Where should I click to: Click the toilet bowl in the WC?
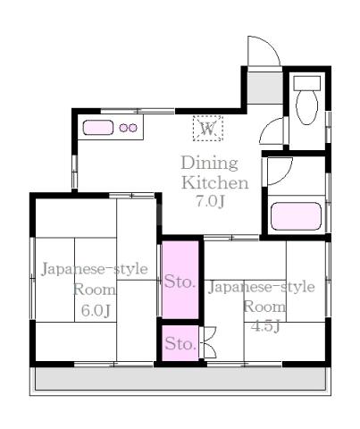click(x=306, y=107)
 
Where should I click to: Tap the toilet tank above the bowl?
click(x=307, y=83)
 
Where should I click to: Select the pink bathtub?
click(x=297, y=216)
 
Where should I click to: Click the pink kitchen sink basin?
click(x=98, y=128)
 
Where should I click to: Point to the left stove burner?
click(x=123, y=128)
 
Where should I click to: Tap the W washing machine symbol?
click(x=208, y=129)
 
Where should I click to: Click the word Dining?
click(x=210, y=164)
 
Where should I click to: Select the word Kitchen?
click(x=214, y=182)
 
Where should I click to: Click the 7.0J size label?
click(x=210, y=201)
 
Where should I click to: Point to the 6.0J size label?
click(x=96, y=311)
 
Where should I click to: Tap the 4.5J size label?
click(x=265, y=326)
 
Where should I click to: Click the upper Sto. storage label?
click(x=180, y=282)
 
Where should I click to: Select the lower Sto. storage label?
click(x=180, y=343)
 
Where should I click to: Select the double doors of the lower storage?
click(x=207, y=342)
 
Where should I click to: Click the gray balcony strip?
click(x=180, y=377)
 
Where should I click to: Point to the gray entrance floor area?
click(x=265, y=88)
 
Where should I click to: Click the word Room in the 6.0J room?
click(x=94, y=290)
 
